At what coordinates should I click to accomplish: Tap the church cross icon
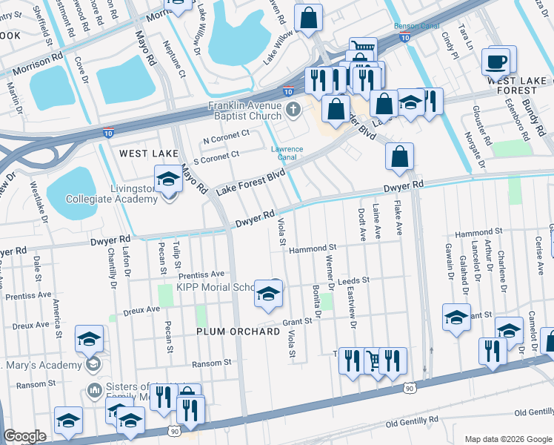[x=293, y=111]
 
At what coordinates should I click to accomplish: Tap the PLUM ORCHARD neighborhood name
[x=238, y=332]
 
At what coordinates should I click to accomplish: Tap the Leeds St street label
[x=353, y=282]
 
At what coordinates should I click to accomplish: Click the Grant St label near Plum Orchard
[x=297, y=322]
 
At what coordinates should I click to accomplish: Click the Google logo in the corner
[x=24, y=435]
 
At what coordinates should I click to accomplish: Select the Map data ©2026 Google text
[x=507, y=439]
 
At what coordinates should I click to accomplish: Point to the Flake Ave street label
[x=398, y=216]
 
